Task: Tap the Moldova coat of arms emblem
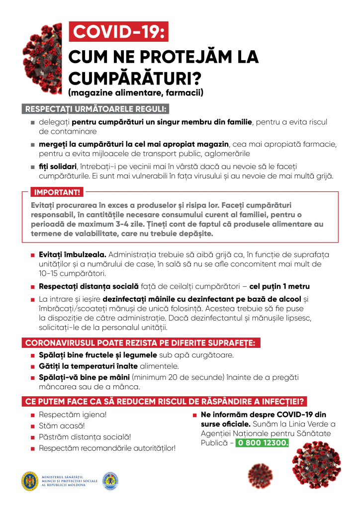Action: pyautogui.click(x=30, y=481)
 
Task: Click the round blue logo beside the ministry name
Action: pyautogui.click(x=110, y=481)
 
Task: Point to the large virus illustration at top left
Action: pyautogui.click(x=42, y=55)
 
